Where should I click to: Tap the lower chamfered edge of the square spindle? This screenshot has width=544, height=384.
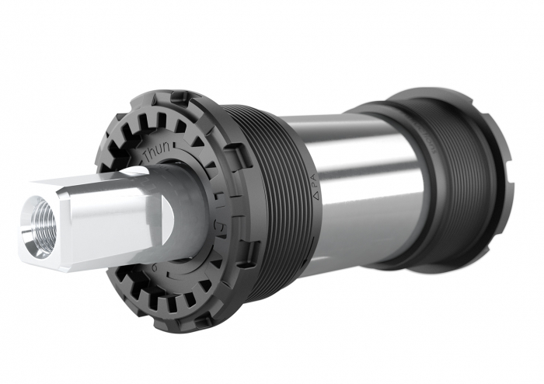[x=101, y=265]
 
